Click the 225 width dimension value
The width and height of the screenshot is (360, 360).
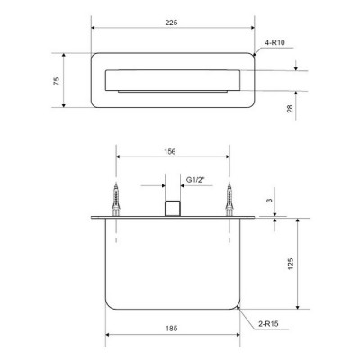(171, 22)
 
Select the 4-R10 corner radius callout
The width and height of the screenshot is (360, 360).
(274, 42)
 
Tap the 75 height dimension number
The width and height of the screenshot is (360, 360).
(57, 81)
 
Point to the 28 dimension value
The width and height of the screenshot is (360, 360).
(290, 109)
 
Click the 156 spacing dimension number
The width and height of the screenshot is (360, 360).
(170, 152)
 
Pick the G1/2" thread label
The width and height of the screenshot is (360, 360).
(195, 180)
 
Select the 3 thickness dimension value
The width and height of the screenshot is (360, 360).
(270, 201)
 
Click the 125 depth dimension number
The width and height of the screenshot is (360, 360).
(291, 264)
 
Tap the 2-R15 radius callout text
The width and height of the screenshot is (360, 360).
(268, 324)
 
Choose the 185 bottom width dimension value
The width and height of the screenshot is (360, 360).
(171, 328)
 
